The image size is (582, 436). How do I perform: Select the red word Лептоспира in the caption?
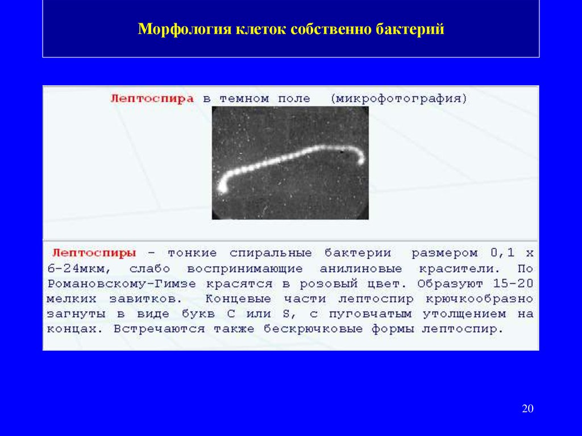pyautogui.click(x=152, y=99)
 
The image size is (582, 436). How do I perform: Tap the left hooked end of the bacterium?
pyautogui.click(x=222, y=188)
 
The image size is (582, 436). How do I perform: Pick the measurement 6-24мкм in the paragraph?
pyautogui.click(x=76, y=268)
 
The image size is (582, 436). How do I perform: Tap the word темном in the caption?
pyautogui.click(x=244, y=99)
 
